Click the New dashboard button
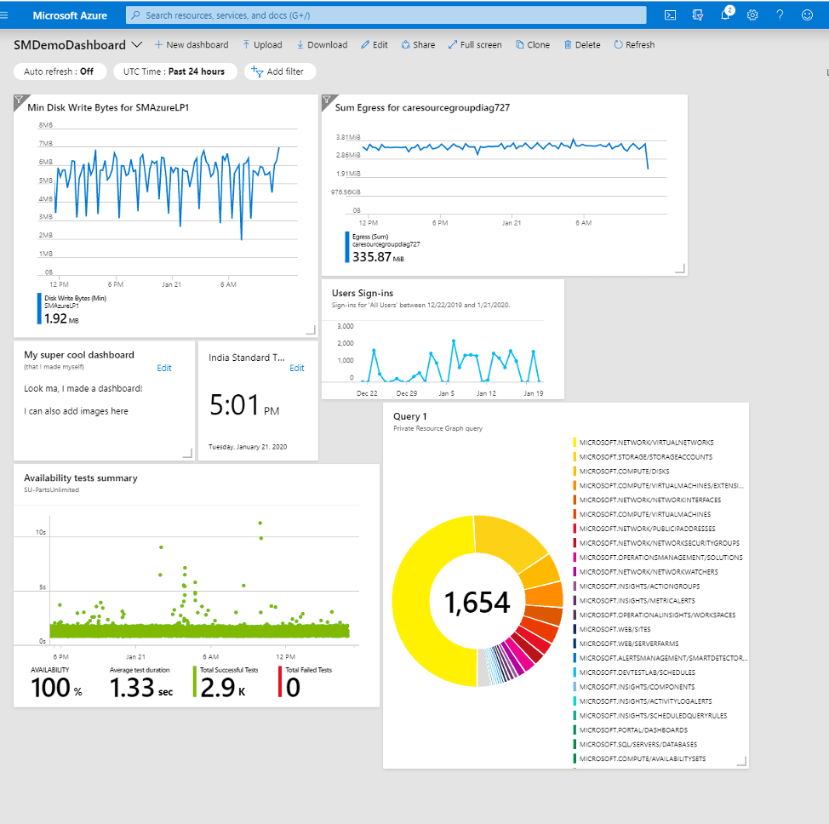pos(191,45)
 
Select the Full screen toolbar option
pos(475,45)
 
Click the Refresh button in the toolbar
pos(633,45)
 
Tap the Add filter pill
pos(279,72)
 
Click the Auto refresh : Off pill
pos(59,72)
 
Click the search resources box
pos(383,15)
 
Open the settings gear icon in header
pos(752,15)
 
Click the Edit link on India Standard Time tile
pos(296,368)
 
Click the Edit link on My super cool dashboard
pos(164,368)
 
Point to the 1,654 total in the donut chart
pos(477,603)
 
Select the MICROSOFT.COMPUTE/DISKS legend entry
pos(624,471)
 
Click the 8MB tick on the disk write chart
pos(46,125)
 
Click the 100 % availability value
pos(56,688)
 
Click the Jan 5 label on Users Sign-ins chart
pos(446,393)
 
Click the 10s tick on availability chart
pos(40,532)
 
